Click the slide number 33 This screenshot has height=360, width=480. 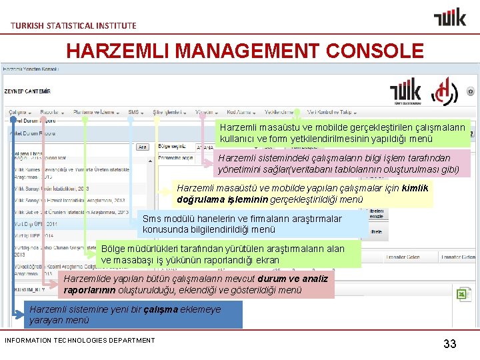tap(450, 344)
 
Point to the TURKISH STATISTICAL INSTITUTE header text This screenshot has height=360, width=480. tap(73, 25)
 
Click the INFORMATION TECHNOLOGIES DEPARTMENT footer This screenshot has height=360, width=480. tap(79, 341)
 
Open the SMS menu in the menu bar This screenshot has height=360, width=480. tap(134, 112)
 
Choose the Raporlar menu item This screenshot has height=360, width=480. tap(51, 112)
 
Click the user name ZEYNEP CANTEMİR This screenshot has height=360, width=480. tap(28, 91)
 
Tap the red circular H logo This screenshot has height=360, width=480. tap(444, 93)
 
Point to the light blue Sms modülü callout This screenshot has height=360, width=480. tap(254, 224)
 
